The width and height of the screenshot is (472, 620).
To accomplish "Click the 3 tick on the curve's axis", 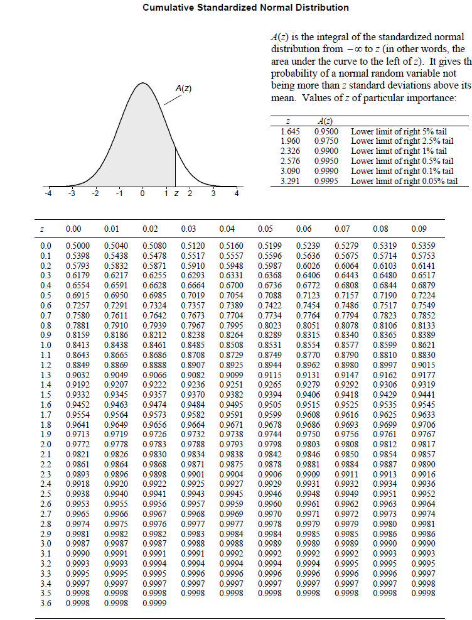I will tap(213, 194).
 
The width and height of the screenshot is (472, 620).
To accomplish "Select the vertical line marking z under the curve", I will tap(175, 165).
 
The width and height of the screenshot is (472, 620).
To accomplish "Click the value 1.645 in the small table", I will tap(289, 132).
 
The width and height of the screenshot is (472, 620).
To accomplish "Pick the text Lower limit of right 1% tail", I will tap(399, 151).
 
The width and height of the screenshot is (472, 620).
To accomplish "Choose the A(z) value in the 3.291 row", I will tap(326, 182).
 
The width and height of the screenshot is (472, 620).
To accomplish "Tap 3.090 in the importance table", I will tap(289, 171).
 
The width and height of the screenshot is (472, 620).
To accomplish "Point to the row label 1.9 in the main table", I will tap(46, 433).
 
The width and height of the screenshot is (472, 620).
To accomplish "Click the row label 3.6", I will tap(46, 603).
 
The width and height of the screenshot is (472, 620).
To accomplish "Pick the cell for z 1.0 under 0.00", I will tap(78, 345).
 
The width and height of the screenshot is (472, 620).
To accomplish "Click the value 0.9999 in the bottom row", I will tap(155, 603).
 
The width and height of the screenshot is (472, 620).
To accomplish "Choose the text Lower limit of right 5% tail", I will tap(399, 132).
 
